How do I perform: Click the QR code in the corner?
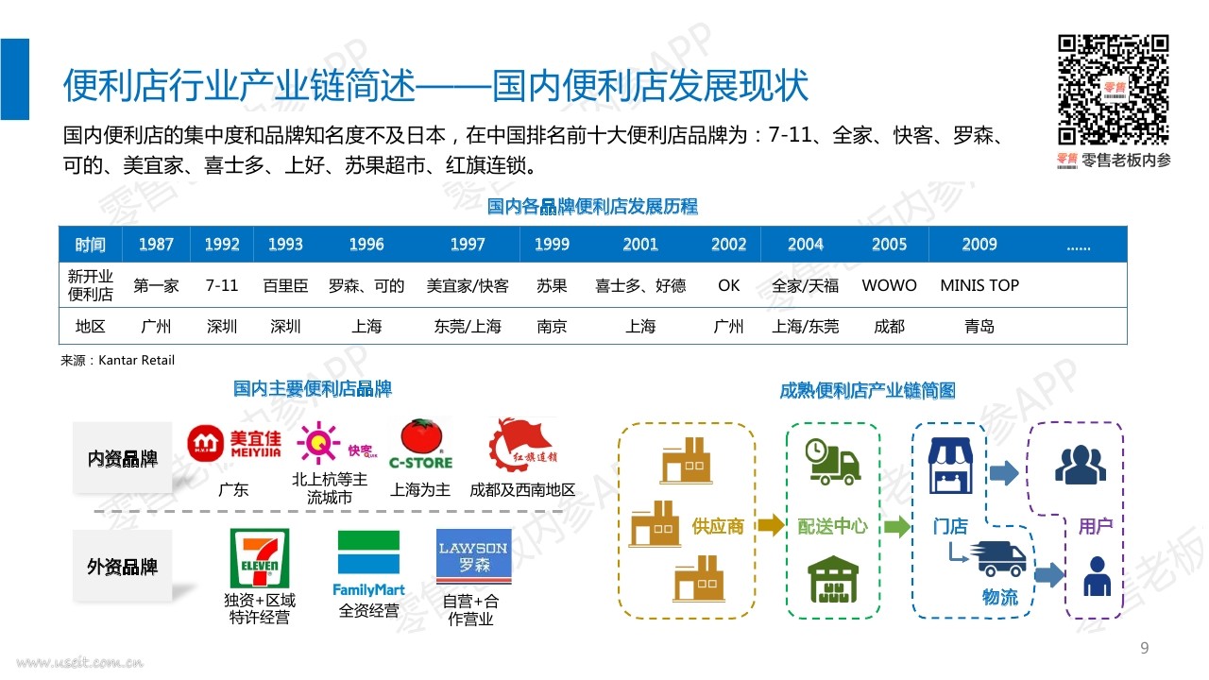pos(1113,90)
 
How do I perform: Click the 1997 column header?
pos(468,245)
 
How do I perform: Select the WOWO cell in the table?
pos(889,285)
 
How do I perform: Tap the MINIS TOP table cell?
pos(979,285)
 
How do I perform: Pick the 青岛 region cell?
pos(979,326)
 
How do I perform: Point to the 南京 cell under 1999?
pos(552,326)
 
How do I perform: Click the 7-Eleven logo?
pos(260,557)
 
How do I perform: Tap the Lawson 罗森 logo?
pos(473,556)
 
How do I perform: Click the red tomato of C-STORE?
pos(421,436)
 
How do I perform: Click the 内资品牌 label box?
pos(123,458)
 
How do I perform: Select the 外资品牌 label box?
pos(123,566)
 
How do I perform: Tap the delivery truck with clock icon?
pos(832,462)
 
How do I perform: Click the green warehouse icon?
pos(833,579)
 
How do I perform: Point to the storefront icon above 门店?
pos(950,466)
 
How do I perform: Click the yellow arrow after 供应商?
pos(771,525)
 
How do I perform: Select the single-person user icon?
pos(1098,576)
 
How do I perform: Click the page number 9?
pos(1144,648)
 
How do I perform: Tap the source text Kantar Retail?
pos(137,360)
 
